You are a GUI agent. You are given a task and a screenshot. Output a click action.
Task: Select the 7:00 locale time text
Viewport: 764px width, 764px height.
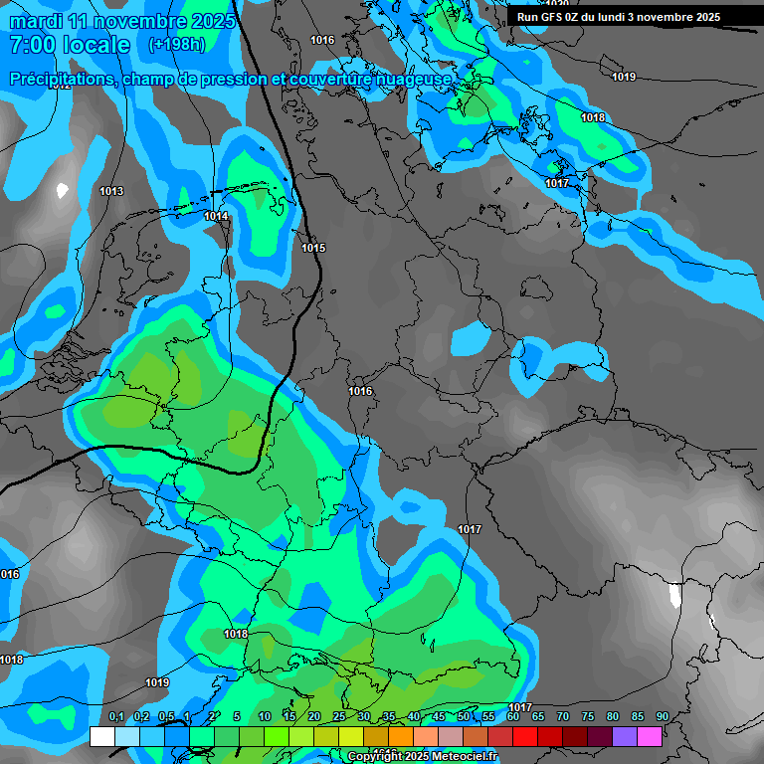coord(69,45)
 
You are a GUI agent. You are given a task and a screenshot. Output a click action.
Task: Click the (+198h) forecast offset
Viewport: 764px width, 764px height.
coord(176,45)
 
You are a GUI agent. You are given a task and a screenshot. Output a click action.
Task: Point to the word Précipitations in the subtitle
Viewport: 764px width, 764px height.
coord(63,79)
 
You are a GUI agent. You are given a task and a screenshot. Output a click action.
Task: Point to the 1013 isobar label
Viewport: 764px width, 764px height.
coord(111,191)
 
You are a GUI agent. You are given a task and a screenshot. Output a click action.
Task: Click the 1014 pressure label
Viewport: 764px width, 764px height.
coord(216,216)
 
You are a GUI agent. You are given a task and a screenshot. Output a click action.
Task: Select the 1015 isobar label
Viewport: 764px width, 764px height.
coord(313,248)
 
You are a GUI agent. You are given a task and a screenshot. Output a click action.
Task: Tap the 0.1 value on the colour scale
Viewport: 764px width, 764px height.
coord(116,717)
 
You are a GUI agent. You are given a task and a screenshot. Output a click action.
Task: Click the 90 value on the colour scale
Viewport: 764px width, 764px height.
coord(662,717)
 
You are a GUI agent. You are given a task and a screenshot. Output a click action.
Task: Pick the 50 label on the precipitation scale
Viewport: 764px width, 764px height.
coord(464,717)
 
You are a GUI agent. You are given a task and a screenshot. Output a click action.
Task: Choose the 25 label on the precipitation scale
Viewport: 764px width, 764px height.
coord(339,717)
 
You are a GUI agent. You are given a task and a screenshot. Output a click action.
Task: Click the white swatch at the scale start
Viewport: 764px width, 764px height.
coord(102,736)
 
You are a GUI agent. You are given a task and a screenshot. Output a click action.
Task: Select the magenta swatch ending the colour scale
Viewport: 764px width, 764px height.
coord(650,736)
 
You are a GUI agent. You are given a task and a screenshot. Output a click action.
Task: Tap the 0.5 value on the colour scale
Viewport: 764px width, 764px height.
coord(166,717)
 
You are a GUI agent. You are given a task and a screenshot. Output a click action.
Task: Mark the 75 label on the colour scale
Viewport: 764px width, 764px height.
coord(587,717)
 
